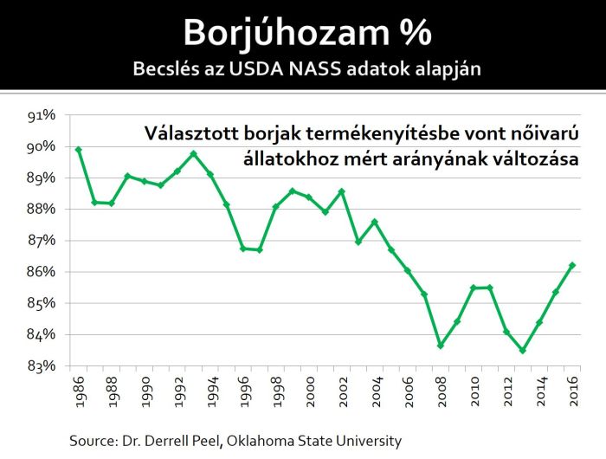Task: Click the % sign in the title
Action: [409, 33]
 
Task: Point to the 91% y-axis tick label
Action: [42, 115]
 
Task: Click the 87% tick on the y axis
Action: [42, 240]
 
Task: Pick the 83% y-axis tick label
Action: [42, 365]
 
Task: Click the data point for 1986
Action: [79, 150]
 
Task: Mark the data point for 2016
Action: [573, 265]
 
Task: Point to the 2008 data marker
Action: [442, 346]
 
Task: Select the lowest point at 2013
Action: [524, 351]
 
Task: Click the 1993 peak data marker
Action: [194, 154]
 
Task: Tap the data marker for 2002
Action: [343, 191]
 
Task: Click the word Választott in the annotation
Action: [187, 133]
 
